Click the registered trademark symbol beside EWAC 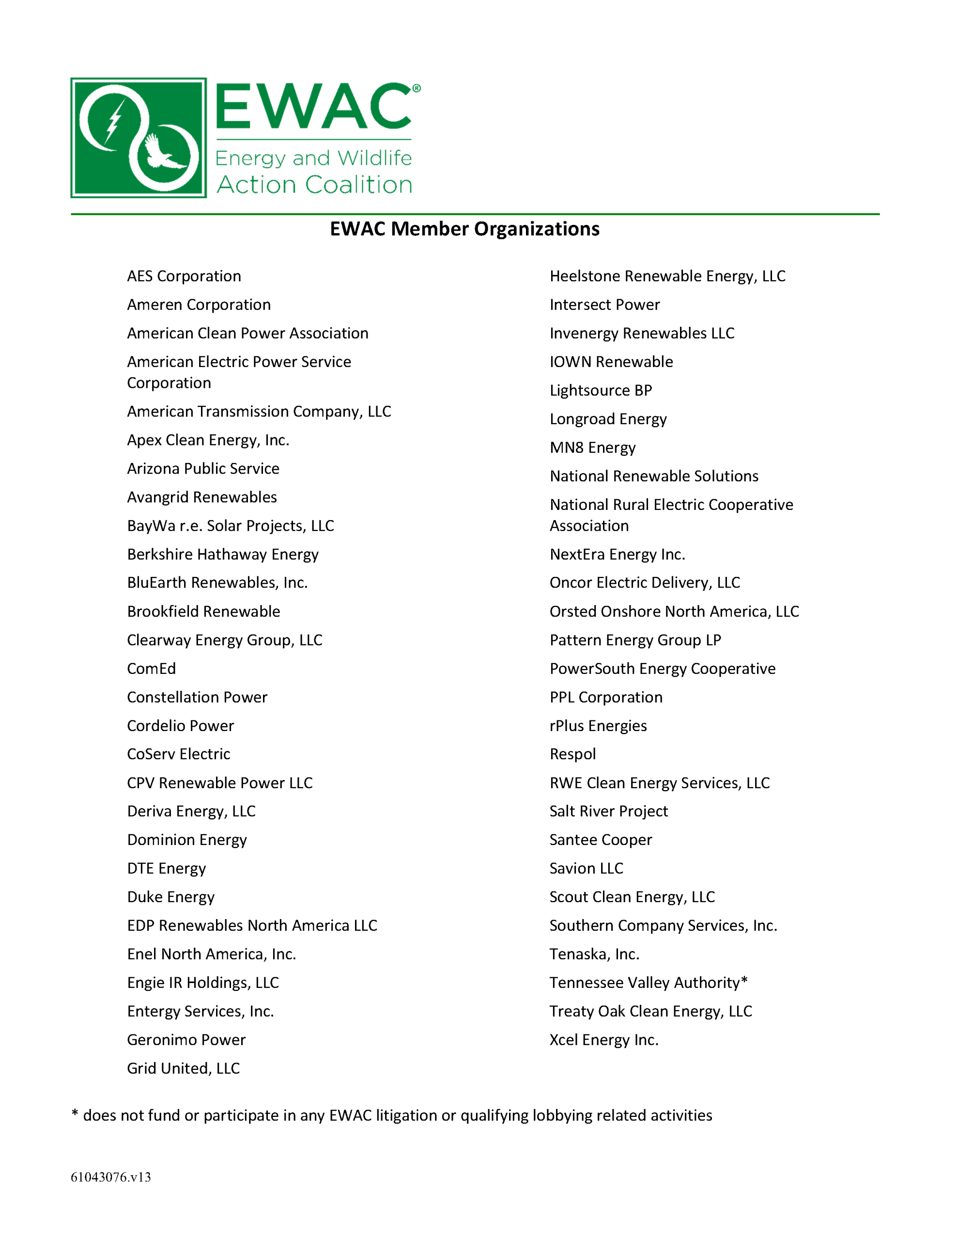point(416,88)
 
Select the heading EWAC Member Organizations point(464,229)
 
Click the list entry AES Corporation point(184,276)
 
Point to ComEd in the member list point(151,669)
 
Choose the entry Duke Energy point(171,897)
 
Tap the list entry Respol point(572,755)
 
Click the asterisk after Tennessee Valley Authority point(744,981)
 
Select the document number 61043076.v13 point(111,1177)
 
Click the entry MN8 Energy point(592,448)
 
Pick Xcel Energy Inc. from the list point(603,1040)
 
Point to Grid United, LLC point(184,1069)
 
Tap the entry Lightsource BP point(600,390)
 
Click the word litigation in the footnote point(408,1115)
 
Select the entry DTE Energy point(167,869)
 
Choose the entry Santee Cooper point(600,840)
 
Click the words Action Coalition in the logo point(314,185)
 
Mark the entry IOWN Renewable point(611,362)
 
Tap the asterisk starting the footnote point(75,1114)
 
